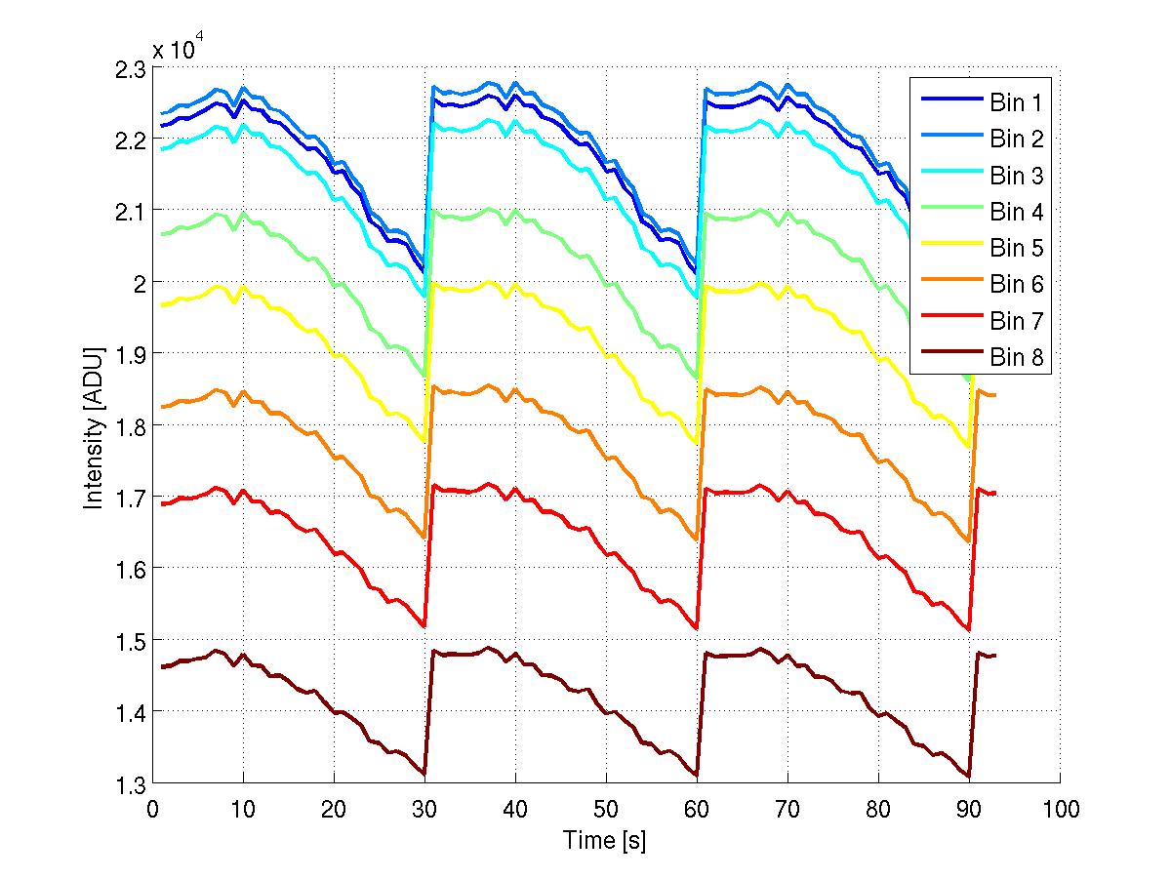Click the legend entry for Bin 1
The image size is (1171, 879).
(1016, 102)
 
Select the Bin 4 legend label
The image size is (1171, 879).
(1016, 212)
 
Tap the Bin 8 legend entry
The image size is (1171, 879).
(1016, 357)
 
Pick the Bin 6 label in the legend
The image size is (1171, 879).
(1016, 284)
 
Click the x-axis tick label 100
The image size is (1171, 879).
(1060, 810)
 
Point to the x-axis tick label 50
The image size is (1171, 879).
(606, 810)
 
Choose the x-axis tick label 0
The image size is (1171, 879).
(152, 810)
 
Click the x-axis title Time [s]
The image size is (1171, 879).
(605, 840)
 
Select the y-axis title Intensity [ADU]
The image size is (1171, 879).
(94, 426)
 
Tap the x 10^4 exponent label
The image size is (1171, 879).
(177, 50)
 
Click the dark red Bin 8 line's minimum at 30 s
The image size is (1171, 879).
(424, 774)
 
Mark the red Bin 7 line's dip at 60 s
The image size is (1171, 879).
(697, 627)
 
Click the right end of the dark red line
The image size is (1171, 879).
(995, 656)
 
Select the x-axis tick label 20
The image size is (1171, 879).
(334, 810)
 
